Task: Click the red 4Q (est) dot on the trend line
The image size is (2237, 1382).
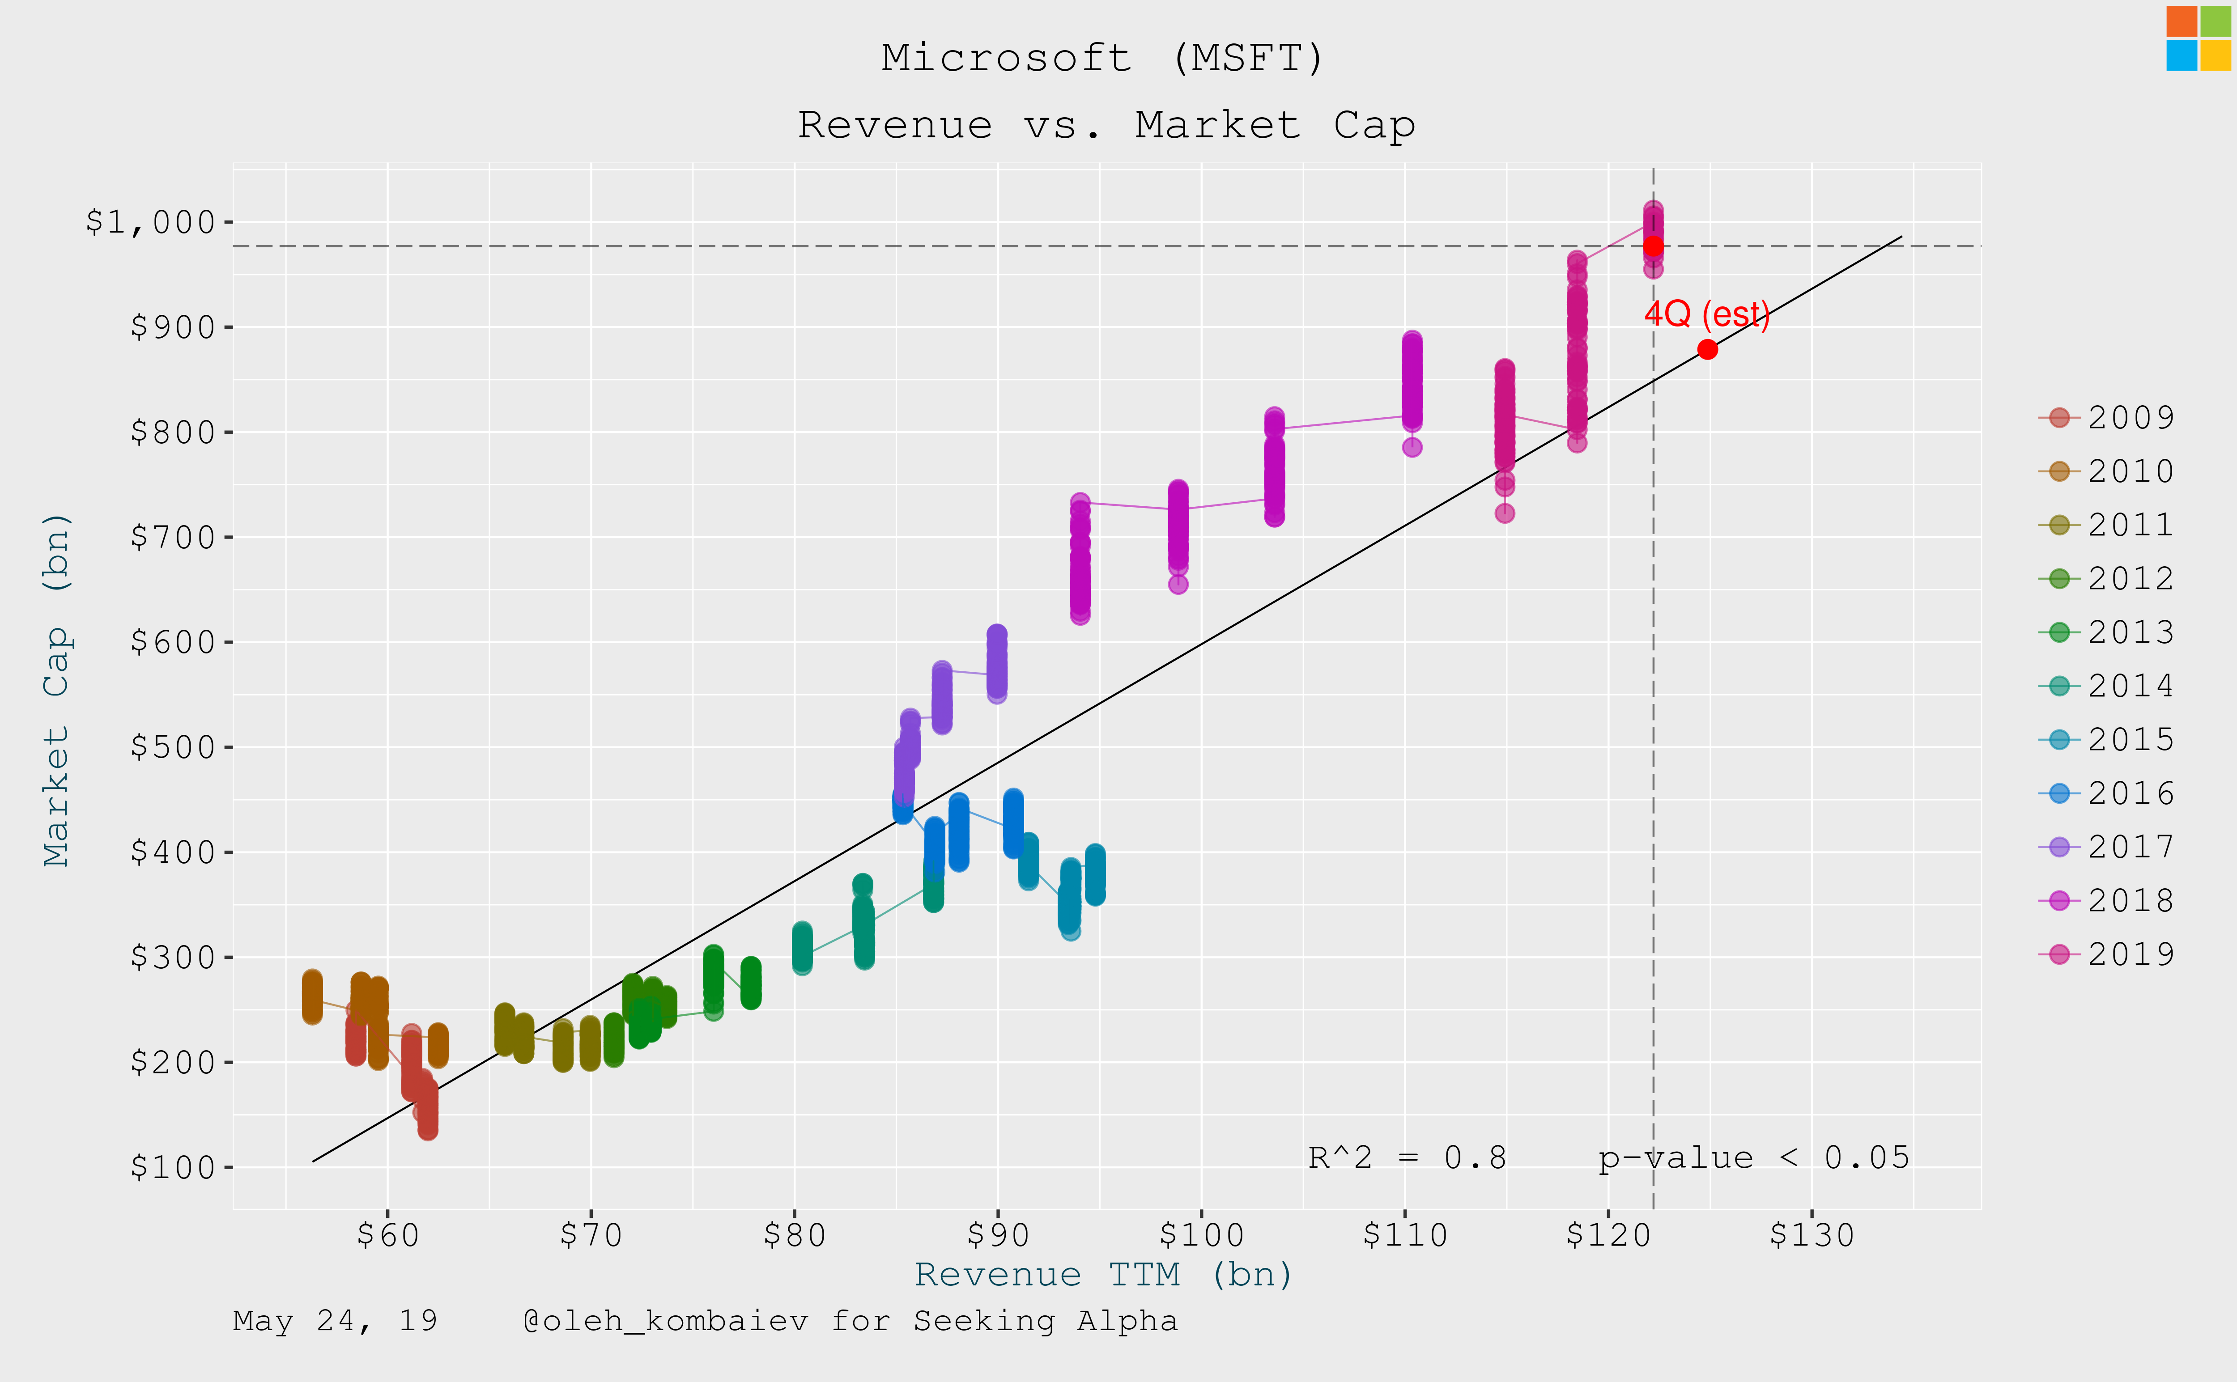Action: click(x=1707, y=349)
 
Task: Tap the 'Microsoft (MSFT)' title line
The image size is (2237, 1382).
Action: click(x=1103, y=59)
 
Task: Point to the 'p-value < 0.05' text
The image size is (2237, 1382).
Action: click(x=1753, y=1158)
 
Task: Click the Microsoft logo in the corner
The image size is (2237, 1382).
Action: click(x=2198, y=38)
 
